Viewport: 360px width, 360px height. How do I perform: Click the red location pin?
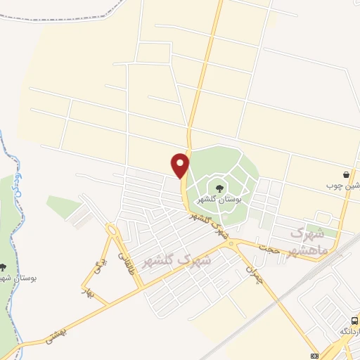click(x=181, y=165)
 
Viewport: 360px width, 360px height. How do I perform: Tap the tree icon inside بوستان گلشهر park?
click(x=219, y=188)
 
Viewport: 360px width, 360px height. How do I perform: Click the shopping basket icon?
click(x=347, y=174)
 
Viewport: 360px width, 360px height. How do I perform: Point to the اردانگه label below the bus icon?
click(x=349, y=330)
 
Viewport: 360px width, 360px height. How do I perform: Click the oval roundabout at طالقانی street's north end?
click(x=111, y=229)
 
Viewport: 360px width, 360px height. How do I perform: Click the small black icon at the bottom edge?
click(x=314, y=354)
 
